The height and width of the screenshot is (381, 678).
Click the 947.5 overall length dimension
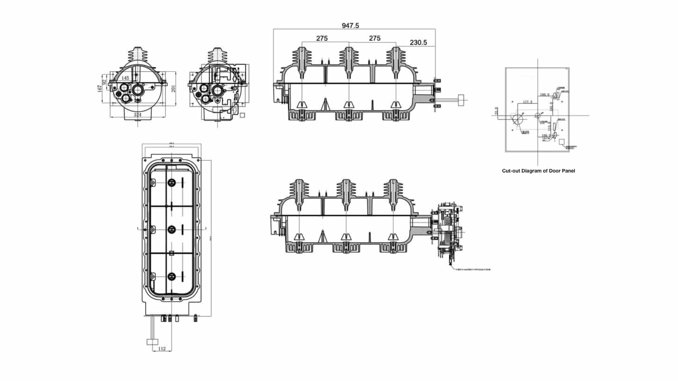click(350, 25)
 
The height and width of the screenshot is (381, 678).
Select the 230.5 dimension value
click(418, 42)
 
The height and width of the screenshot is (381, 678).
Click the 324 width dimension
click(137, 115)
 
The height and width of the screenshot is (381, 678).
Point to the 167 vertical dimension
click(100, 89)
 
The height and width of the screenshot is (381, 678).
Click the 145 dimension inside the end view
click(125, 78)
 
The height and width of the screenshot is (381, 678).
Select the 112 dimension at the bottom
click(162, 349)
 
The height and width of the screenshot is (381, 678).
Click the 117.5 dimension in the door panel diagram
click(528, 102)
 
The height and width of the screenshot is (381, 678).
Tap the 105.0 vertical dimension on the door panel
click(551, 106)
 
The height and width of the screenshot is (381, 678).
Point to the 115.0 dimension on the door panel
click(549, 126)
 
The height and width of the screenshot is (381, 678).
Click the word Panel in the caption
click(568, 171)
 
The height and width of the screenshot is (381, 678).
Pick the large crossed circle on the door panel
click(518, 119)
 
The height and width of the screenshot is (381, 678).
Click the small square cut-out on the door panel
click(562, 141)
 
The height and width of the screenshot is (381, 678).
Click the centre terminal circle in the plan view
click(172, 229)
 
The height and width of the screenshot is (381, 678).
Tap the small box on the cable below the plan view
click(153, 341)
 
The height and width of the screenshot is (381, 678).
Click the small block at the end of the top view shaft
click(462, 100)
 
